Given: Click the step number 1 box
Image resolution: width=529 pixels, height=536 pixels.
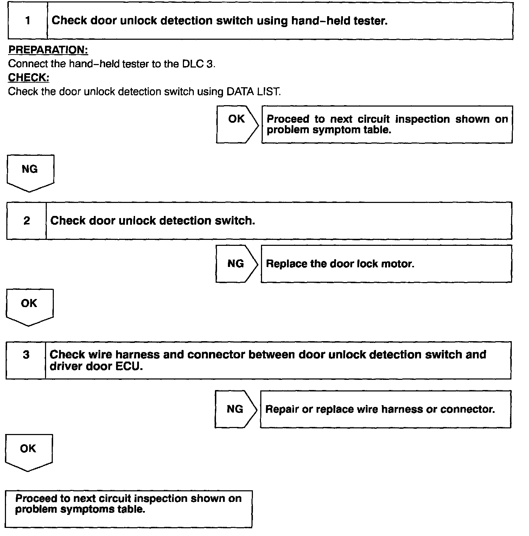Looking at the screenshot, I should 28,21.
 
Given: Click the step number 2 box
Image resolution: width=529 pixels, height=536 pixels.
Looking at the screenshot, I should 27,221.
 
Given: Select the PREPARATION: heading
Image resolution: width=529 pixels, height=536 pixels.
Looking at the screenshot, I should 48,50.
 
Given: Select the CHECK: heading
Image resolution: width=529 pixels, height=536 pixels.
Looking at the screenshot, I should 28,77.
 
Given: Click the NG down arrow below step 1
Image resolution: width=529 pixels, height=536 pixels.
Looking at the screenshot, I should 30,172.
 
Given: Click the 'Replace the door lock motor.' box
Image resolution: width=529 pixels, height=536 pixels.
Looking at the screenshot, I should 386,264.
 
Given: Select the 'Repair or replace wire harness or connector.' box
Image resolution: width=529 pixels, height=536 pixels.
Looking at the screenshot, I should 385,409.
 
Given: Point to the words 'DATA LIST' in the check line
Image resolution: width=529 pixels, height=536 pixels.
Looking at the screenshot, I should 253,92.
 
